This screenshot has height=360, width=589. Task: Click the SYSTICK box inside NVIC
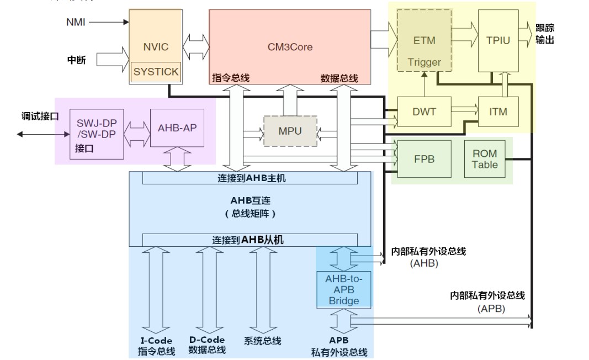156,72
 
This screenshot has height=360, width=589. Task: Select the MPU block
290,131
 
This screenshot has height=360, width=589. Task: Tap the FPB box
424,159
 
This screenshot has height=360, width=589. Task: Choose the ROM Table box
485,159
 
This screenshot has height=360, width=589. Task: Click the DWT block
424,112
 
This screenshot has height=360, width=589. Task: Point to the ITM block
498,112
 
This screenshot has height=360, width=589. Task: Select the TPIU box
498,41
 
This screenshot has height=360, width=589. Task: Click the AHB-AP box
177,128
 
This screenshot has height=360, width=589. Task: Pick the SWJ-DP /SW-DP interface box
97,135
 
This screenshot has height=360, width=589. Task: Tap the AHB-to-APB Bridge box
344,290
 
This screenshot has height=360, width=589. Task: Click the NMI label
76,22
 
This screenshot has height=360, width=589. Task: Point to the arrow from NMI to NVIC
109,22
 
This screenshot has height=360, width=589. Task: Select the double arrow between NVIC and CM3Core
196,47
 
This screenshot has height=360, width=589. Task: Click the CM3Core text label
290,47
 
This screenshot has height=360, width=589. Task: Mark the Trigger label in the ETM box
424,62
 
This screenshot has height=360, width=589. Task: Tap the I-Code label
156,341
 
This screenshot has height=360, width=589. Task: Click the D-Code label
207,340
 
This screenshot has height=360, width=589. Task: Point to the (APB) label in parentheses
491,309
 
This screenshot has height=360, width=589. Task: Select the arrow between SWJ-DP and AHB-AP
137,134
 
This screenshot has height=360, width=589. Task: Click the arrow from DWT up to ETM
424,84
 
